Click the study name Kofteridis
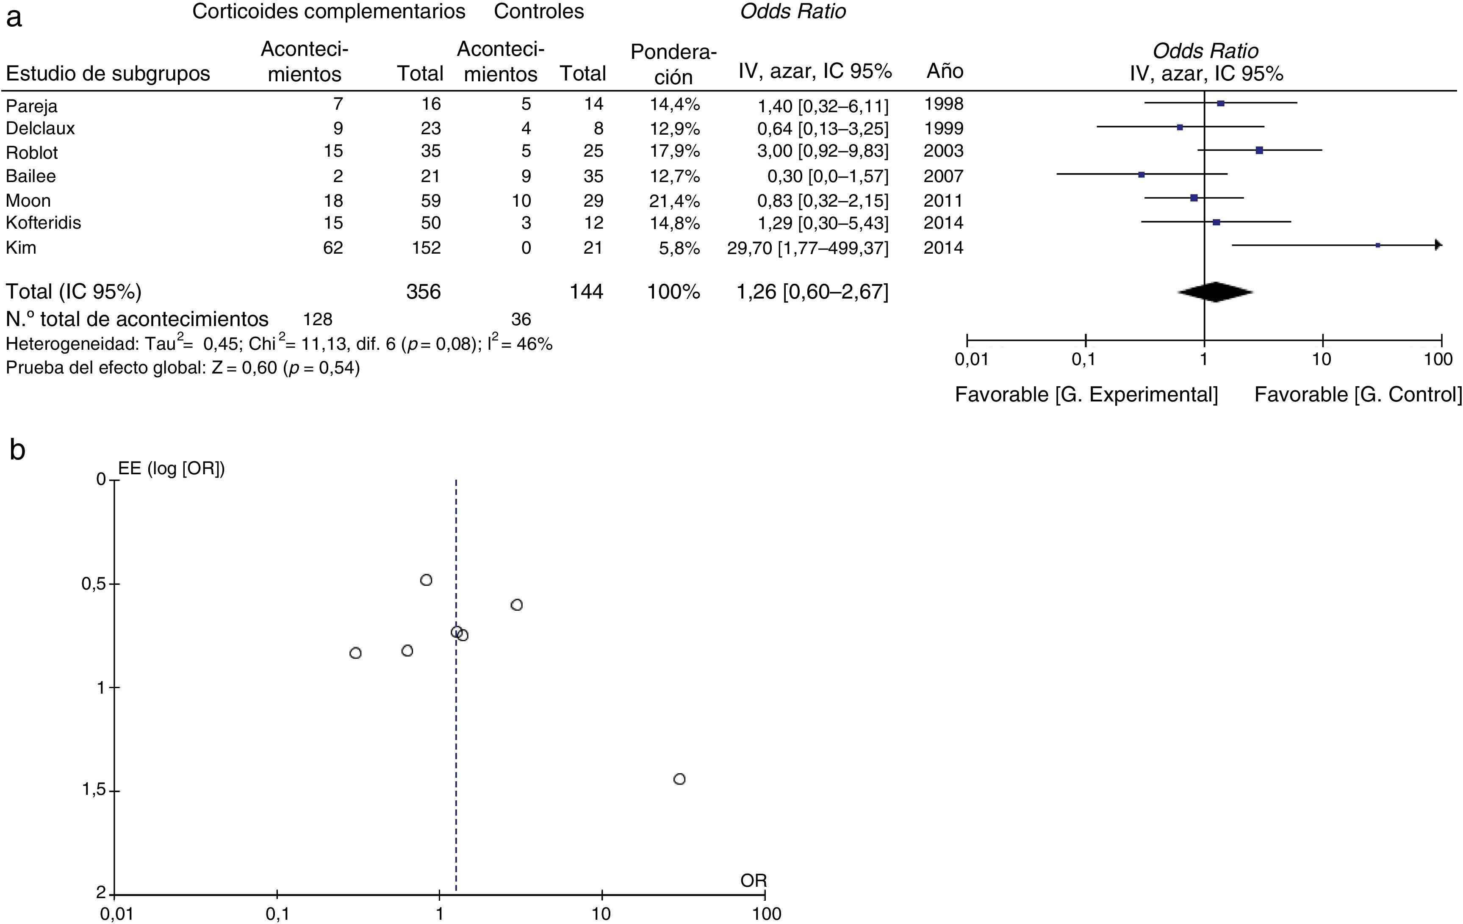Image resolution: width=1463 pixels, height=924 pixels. (x=43, y=223)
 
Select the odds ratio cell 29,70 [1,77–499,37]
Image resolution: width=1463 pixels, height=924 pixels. (x=807, y=248)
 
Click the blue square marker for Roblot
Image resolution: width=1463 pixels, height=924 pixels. (x=1259, y=150)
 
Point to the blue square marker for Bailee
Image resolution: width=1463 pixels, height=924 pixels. (x=1142, y=175)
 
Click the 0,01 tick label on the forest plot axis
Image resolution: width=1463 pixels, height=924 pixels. (x=972, y=360)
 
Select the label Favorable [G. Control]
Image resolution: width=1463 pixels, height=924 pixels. (x=1358, y=395)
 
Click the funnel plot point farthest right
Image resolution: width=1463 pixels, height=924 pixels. (x=679, y=779)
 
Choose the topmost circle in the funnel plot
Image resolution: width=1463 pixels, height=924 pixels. (x=426, y=580)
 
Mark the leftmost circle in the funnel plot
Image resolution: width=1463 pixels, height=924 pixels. (x=355, y=653)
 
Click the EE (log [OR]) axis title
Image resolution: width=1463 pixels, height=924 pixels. (x=171, y=469)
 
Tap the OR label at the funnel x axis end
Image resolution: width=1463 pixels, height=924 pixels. (x=754, y=880)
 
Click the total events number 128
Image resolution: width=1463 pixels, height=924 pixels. (x=318, y=319)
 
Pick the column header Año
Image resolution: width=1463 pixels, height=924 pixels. (x=945, y=72)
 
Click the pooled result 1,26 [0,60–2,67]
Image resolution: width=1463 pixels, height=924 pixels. (x=812, y=292)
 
